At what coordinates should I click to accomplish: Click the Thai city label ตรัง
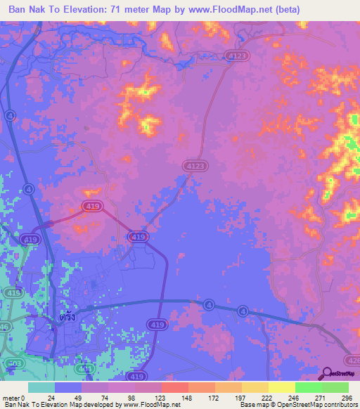67,317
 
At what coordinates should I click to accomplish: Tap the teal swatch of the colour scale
41,387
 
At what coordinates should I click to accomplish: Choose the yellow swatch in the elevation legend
281,387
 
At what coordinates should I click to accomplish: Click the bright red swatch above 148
174,387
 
